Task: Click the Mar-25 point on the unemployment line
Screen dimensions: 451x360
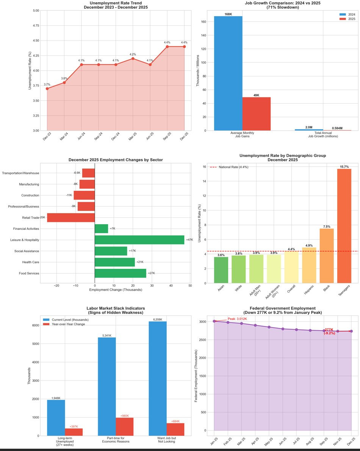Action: tap(133, 58)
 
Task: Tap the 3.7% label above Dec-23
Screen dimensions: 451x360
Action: tap(47, 84)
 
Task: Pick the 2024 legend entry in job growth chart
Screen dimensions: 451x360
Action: tap(346, 14)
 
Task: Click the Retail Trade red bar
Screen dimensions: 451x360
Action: tap(70, 218)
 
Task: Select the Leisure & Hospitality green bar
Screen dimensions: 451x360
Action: tap(139, 240)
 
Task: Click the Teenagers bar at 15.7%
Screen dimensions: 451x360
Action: tap(344, 226)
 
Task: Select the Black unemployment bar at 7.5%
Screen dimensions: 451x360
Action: tap(327, 256)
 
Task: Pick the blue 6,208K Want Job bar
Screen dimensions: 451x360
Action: tap(158, 378)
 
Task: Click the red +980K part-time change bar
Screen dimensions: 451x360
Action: tap(124, 426)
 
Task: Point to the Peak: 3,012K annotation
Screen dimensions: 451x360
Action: tap(237, 319)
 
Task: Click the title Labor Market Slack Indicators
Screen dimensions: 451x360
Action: tap(116, 308)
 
